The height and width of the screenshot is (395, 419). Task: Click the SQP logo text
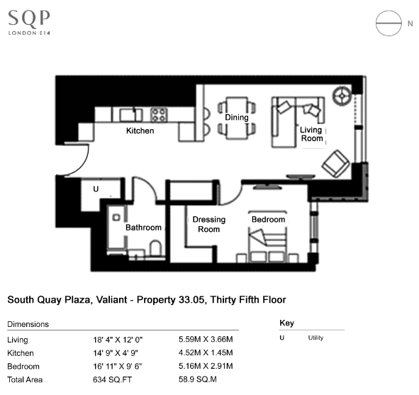(29, 19)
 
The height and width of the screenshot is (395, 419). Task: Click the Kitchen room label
(140, 130)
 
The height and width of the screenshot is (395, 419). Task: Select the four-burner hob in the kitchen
(159, 115)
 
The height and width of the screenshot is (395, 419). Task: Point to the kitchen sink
(128, 115)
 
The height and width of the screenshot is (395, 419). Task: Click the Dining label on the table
(237, 117)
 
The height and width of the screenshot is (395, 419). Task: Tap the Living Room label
(311, 134)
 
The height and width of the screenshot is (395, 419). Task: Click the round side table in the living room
(342, 96)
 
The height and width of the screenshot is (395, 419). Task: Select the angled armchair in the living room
(335, 164)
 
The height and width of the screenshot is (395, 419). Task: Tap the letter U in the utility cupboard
(96, 189)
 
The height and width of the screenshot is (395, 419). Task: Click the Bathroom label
(143, 228)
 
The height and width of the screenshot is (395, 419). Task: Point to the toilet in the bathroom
(155, 248)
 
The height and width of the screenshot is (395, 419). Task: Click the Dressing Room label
(209, 224)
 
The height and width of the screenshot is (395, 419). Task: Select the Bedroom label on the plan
(268, 219)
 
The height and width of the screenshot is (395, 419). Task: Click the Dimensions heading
(28, 324)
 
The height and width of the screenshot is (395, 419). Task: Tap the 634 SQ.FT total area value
(112, 379)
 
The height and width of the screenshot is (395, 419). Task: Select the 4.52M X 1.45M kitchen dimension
(206, 352)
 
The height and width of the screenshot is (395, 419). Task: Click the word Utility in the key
(315, 338)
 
